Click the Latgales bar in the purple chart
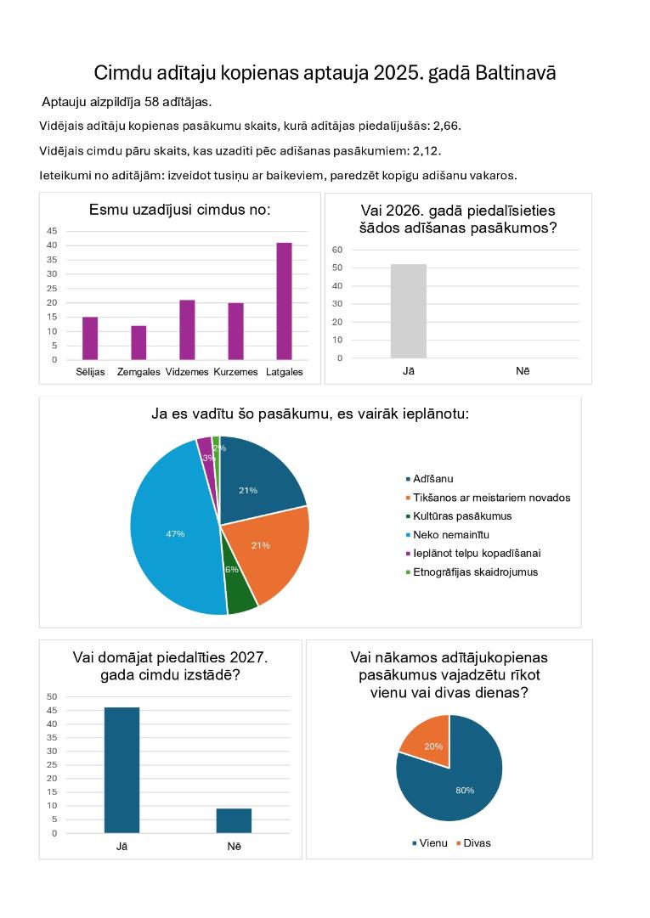pos(284,301)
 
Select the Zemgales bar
pos(138,342)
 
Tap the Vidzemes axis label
pos(187,372)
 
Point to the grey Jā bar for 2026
pos(409,311)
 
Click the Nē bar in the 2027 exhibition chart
pos(234,821)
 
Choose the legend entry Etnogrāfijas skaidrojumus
pos(472,572)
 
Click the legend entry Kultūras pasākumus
pos(459,515)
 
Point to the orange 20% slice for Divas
pos(427,739)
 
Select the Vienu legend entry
pos(430,843)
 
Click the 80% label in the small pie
pos(465,791)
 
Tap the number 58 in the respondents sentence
pos(151,102)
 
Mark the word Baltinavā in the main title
pos(515,72)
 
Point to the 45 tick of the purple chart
pos(52,231)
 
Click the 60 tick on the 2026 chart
pos(337,250)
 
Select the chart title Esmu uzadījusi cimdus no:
pos(180,210)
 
